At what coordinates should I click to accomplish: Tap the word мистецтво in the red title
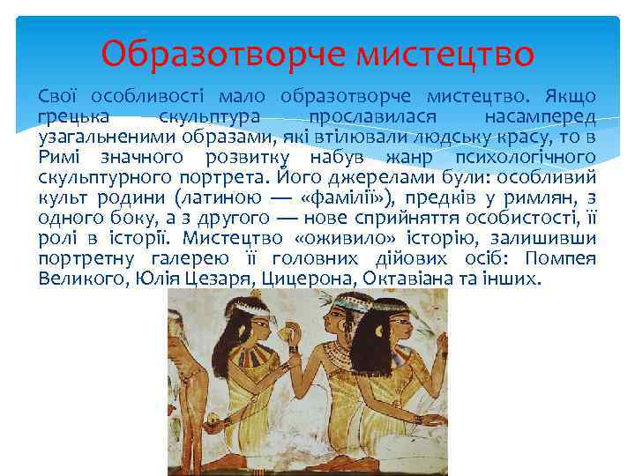pyautogui.click(x=445, y=54)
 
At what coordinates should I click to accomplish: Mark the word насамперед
pyautogui.click(x=540, y=116)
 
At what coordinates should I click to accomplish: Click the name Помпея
pyautogui.click(x=560, y=258)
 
